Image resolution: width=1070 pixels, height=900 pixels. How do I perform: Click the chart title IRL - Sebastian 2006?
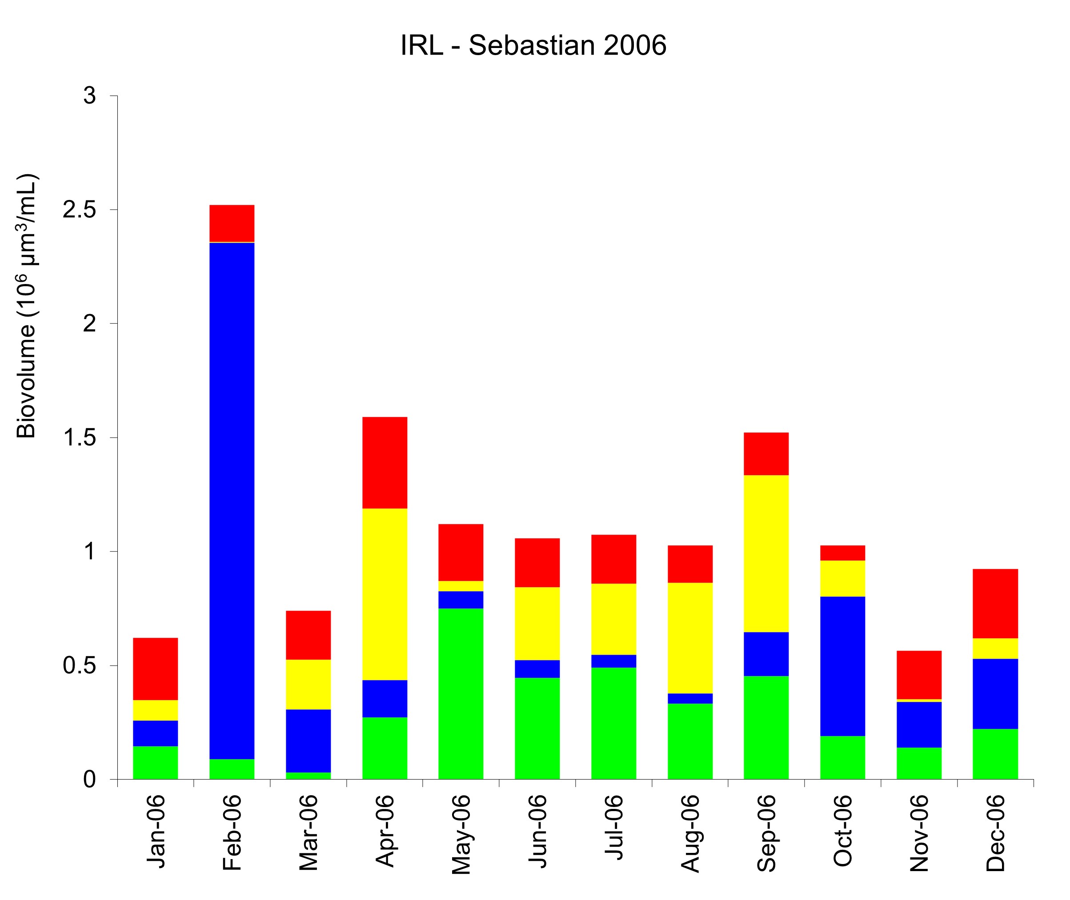pyautogui.click(x=533, y=46)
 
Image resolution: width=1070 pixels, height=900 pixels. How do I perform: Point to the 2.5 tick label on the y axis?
pyautogui.click(x=80, y=210)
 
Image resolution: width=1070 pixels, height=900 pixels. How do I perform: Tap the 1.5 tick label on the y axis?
pyautogui.click(x=80, y=438)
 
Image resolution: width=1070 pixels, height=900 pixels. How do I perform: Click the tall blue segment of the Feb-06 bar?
pyautogui.click(x=232, y=500)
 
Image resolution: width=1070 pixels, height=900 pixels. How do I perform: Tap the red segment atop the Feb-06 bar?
pyautogui.click(x=232, y=223)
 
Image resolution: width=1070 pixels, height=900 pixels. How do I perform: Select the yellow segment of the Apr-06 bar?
pyautogui.click(x=385, y=594)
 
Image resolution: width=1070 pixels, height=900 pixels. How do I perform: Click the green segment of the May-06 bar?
pyautogui.click(x=461, y=694)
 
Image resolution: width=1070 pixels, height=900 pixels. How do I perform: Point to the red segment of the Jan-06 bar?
pyautogui.click(x=155, y=668)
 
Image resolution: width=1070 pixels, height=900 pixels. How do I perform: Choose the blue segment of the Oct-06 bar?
pyautogui.click(x=842, y=666)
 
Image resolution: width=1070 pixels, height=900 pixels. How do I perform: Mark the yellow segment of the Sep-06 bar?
pyautogui.click(x=766, y=554)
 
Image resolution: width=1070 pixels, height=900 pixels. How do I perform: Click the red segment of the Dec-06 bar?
pyautogui.click(x=995, y=604)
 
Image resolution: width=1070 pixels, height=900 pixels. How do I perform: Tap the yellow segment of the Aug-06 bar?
pyautogui.click(x=690, y=638)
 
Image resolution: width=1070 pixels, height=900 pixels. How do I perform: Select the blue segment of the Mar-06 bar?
pyautogui.click(x=308, y=740)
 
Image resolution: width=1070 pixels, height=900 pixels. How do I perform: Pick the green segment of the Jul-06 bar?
pyautogui.click(x=613, y=723)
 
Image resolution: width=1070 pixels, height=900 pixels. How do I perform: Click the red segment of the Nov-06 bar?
pyautogui.click(x=918, y=675)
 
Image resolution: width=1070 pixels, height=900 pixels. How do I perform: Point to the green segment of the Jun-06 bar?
pyautogui.click(x=537, y=728)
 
